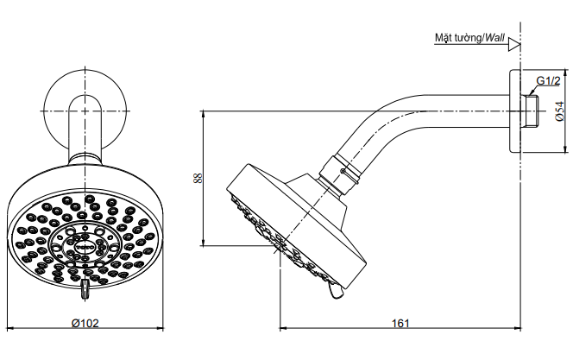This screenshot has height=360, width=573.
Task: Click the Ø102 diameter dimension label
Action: (x=85, y=323)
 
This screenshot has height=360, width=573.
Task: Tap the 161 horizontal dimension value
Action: (x=401, y=324)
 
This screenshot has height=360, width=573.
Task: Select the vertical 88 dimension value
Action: (x=198, y=179)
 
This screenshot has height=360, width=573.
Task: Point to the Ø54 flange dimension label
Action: (x=559, y=111)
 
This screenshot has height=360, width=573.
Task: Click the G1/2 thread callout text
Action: (x=548, y=81)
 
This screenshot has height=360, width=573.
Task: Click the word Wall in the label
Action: (x=494, y=38)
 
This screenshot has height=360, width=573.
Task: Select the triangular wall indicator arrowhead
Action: (x=514, y=45)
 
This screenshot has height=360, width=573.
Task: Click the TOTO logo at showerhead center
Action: (x=85, y=247)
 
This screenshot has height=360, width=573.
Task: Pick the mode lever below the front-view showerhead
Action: (x=85, y=289)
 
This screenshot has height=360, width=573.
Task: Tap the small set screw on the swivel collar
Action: (x=343, y=171)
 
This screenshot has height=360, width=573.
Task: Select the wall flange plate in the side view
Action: (x=515, y=111)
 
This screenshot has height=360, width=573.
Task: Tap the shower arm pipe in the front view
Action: (x=85, y=129)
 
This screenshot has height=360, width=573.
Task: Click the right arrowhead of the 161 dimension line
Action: (x=518, y=329)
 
